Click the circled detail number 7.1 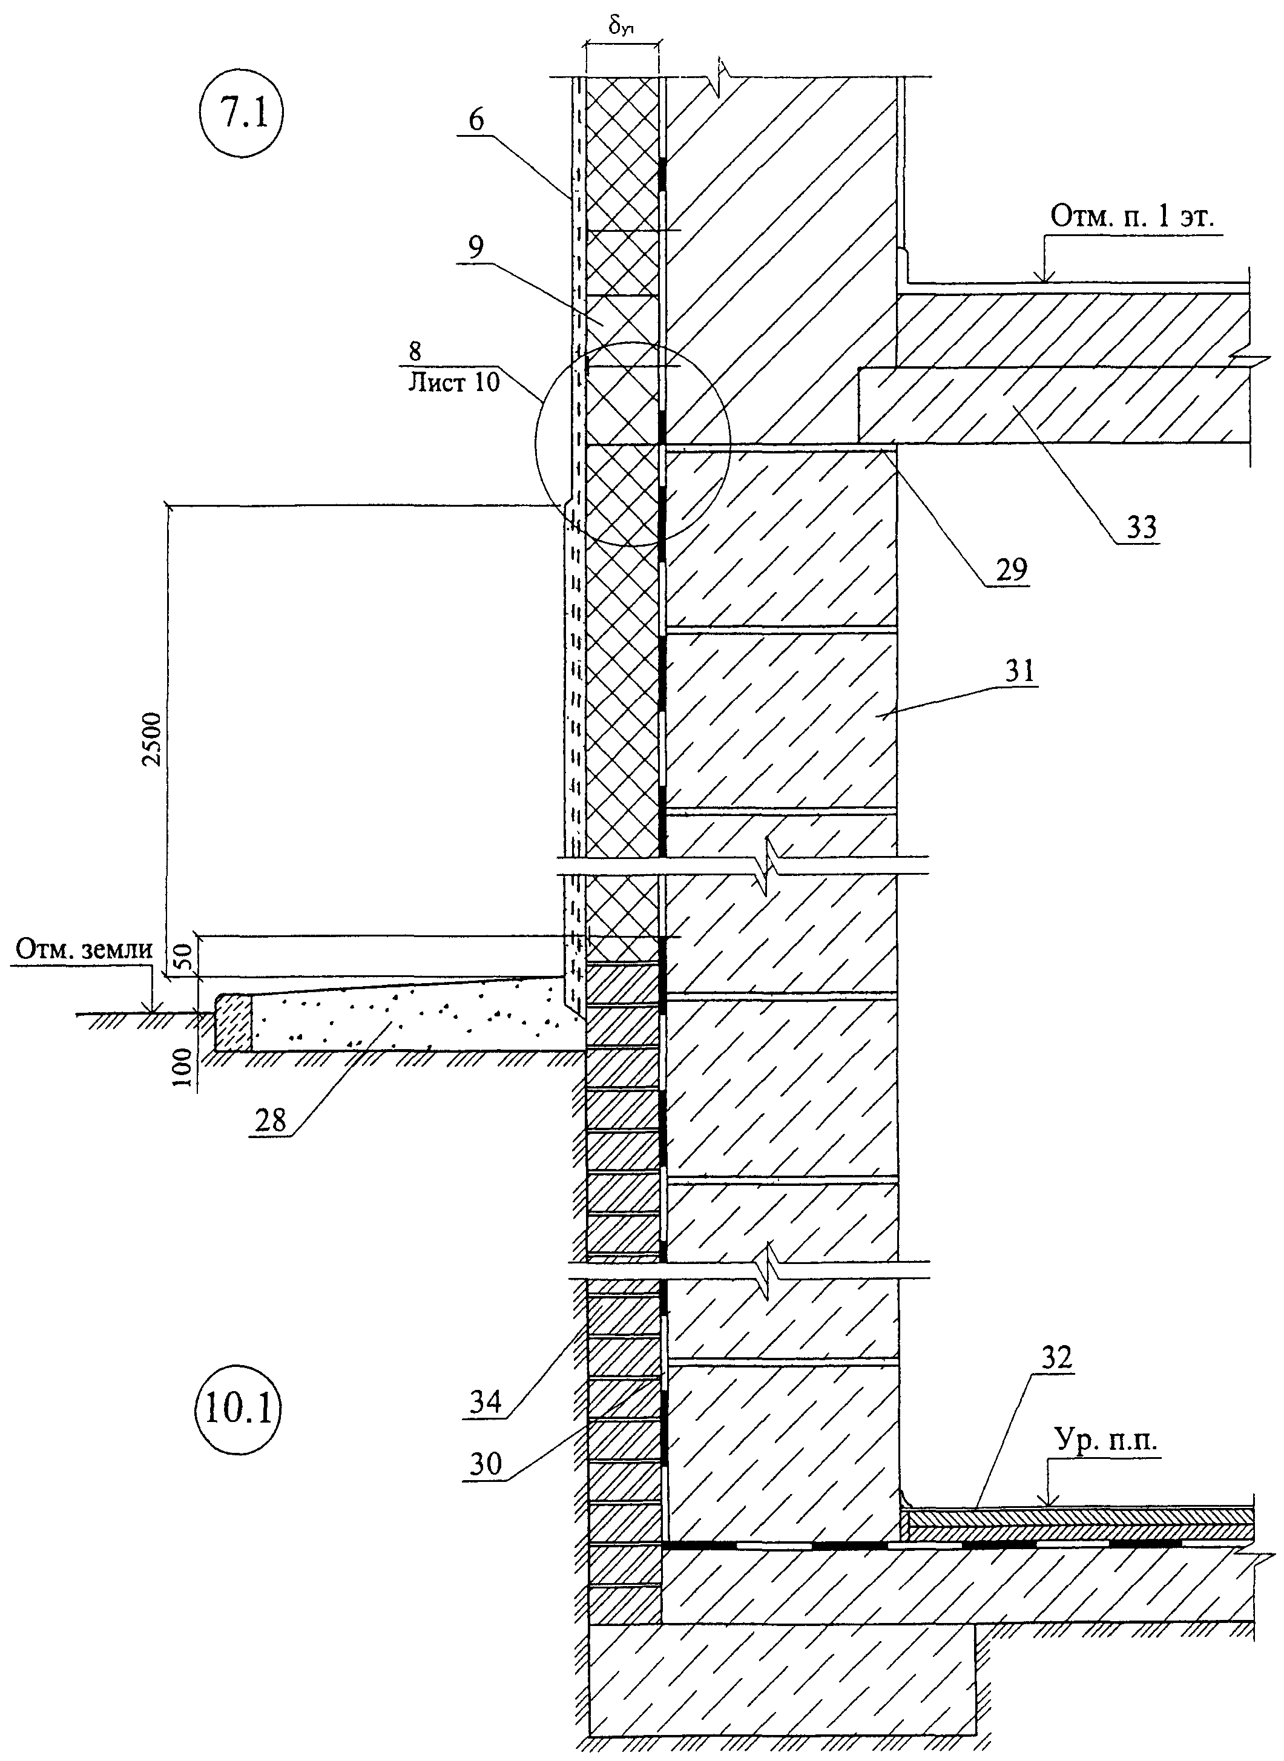(241, 114)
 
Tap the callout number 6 (476, 120)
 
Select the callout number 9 (476, 246)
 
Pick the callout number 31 (1018, 668)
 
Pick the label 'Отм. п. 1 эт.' (1133, 217)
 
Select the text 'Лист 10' (454, 383)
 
